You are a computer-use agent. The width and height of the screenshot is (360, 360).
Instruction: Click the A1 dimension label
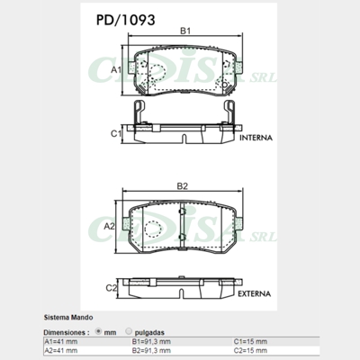pyautogui.click(x=115, y=68)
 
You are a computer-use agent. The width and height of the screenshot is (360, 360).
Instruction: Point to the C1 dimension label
pyautogui.click(x=115, y=133)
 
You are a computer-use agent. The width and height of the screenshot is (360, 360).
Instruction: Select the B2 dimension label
pyautogui.click(x=181, y=186)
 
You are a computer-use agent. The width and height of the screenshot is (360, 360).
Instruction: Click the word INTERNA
pyautogui.click(x=256, y=140)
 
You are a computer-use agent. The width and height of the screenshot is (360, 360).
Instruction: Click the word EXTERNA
pyautogui.click(x=256, y=294)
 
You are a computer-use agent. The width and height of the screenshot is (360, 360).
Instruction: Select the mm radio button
pyautogui.click(x=98, y=332)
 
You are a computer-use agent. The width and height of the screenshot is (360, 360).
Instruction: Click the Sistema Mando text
pyautogui.click(x=68, y=319)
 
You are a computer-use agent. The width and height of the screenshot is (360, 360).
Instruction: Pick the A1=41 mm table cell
pyautogui.click(x=61, y=342)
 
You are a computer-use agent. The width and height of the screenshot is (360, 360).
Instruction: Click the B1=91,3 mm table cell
pyautogui.click(x=152, y=342)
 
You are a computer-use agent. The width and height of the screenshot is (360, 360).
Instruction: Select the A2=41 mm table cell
pyautogui.click(x=61, y=351)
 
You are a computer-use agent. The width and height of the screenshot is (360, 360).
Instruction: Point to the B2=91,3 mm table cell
pyautogui.click(x=152, y=351)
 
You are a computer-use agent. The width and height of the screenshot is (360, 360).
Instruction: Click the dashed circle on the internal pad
pyautogui.click(x=155, y=72)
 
